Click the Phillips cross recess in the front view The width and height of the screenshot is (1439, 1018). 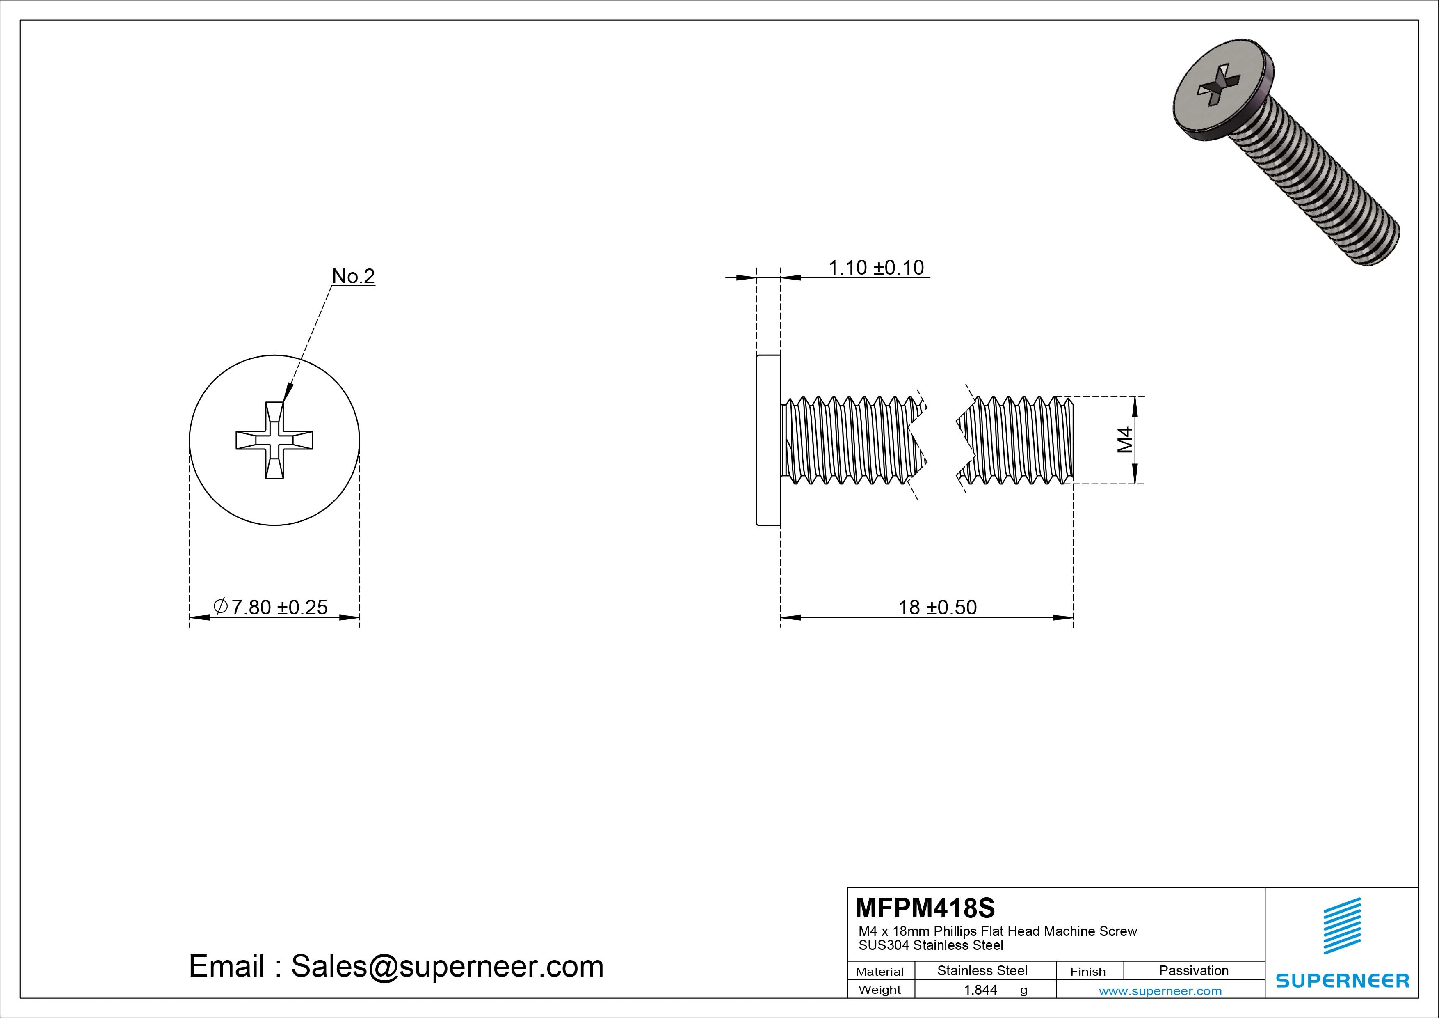point(274,440)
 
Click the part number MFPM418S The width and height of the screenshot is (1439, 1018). point(925,908)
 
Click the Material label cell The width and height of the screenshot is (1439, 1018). point(879,972)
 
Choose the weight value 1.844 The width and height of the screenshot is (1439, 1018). point(980,990)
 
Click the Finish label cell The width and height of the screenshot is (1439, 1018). point(1087,972)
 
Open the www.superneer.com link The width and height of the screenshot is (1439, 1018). point(1160,991)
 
